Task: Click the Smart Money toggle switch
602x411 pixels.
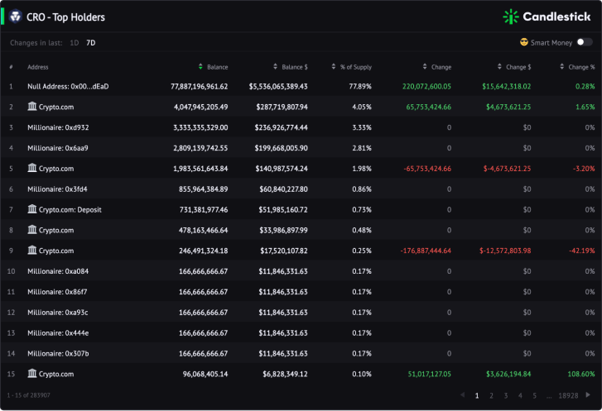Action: point(585,42)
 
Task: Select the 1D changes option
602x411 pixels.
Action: point(75,43)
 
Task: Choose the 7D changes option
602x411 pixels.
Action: point(91,43)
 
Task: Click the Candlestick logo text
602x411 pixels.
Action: point(556,17)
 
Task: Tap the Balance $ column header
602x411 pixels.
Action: point(295,67)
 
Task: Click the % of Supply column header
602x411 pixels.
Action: point(356,67)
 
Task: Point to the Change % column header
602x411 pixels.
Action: point(581,67)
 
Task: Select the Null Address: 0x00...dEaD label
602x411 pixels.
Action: point(68,87)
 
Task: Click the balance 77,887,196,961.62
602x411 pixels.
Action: point(200,87)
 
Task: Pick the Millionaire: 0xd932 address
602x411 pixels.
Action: point(58,127)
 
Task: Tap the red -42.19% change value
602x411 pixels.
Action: point(581,251)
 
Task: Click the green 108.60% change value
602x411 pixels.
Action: point(580,374)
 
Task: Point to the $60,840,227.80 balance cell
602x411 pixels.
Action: point(283,189)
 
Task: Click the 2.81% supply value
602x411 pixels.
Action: point(362,148)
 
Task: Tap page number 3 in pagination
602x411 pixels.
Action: point(506,395)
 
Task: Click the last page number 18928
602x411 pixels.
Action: point(568,395)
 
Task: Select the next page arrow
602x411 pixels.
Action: point(588,395)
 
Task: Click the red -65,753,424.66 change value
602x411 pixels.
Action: point(427,169)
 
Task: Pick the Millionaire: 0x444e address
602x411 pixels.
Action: point(58,333)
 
